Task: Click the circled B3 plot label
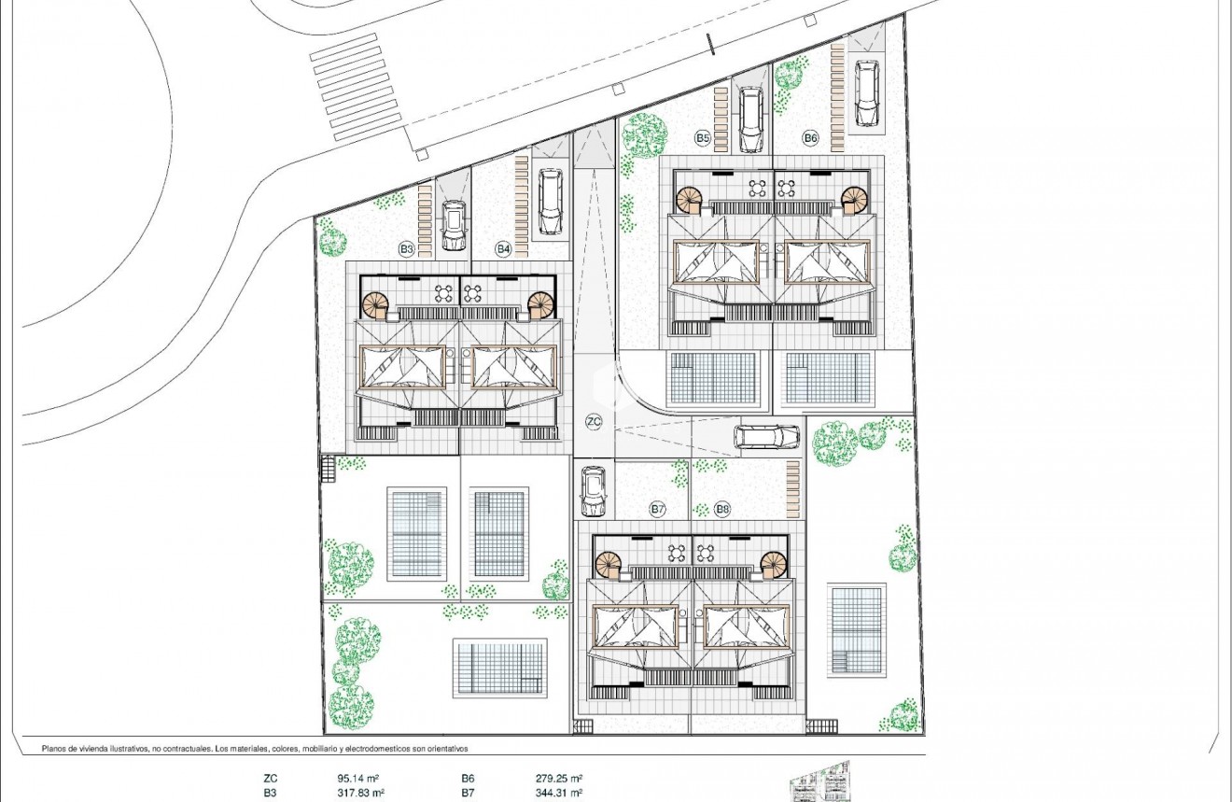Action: pyautogui.click(x=406, y=249)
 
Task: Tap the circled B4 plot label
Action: pyautogui.click(x=503, y=249)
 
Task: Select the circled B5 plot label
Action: pyautogui.click(x=703, y=138)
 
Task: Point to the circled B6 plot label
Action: pyautogui.click(x=810, y=138)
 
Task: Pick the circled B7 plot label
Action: pyautogui.click(x=658, y=509)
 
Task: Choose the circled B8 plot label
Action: pyautogui.click(x=722, y=509)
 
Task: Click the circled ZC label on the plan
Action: pyautogui.click(x=594, y=421)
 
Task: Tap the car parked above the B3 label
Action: pyautogui.click(x=454, y=226)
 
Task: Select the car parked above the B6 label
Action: pyautogui.click(x=867, y=93)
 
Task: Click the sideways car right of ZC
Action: pyautogui.click(x=766, y=436)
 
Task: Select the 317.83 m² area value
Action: pyautogui.click(x=360, y=792)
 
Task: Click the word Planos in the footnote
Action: pyautogui.click(x=57, y=749)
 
